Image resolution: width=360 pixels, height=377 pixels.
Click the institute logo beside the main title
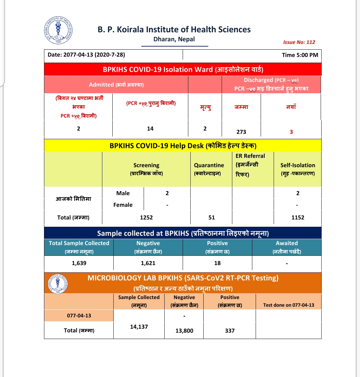click(x=58, y=30)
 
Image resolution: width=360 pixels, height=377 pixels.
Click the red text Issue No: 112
click(x=299, y=42)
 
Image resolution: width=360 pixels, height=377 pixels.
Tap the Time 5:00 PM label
click(x=300, y=55)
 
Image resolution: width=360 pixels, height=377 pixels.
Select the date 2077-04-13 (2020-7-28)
click(x=86, y=55)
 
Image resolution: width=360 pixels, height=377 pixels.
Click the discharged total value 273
click(x=241, y=132)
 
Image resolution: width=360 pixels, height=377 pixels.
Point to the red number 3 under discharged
click(x=291, y=132)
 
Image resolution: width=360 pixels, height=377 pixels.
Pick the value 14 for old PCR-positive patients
click(x=150, y=129)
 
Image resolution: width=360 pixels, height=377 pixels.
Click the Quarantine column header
click(x=209, y=169)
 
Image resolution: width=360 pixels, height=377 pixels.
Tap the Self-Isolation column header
click(x=298, y=169)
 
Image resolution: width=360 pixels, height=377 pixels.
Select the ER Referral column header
click(x=250, y=165)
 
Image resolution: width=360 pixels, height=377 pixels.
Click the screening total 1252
click(x=146, y=217)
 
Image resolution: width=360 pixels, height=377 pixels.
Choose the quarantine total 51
click(x=212, y=217)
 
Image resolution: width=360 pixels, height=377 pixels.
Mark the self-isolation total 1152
click(x=298, y=217)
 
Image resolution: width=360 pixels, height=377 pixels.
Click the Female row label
click(x=123, y=205)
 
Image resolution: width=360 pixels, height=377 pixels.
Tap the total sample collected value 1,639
click(x=79, y=263)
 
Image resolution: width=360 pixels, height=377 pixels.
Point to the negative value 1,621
click(x=148, y=263)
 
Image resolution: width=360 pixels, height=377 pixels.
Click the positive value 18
click(x=217, y=263)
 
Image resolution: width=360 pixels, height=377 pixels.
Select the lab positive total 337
click(x=230, y=331)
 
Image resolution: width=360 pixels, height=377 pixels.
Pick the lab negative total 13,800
click(x=184, y=331)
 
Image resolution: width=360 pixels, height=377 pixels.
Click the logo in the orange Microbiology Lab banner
click(x=58, y=284)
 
